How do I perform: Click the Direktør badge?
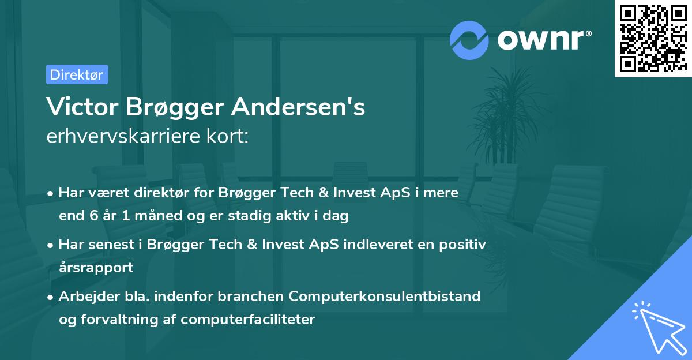pos(77,74)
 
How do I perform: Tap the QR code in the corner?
pos(652,38)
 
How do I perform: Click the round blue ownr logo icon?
pos(469,40)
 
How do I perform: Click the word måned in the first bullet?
pos(138,216)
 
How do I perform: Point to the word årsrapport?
pos(96,267)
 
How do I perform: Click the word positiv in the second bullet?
pos(465,245)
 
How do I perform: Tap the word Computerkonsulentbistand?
pos(385,297)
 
